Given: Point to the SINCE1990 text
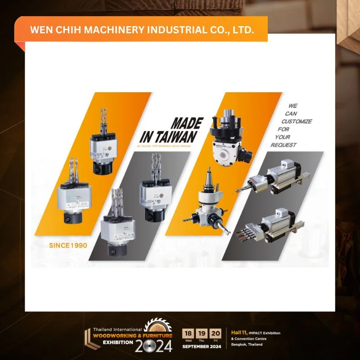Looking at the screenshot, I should pyautogui.click(x=68, y=246).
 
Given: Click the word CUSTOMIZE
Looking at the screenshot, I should pyautogui.click(x=297, y=121).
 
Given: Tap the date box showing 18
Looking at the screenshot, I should pyautogui.click(x=188, y=333).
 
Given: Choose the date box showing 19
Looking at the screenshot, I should pyautogui.click(x=202, y=333).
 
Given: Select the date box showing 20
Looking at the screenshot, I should pyautogui.click(x=216, y=333).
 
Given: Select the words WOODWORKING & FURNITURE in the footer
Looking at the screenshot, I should pyautogui.click(x=133, y=336).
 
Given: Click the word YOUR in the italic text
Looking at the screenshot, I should pyautogui.click(x=283, y=137).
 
